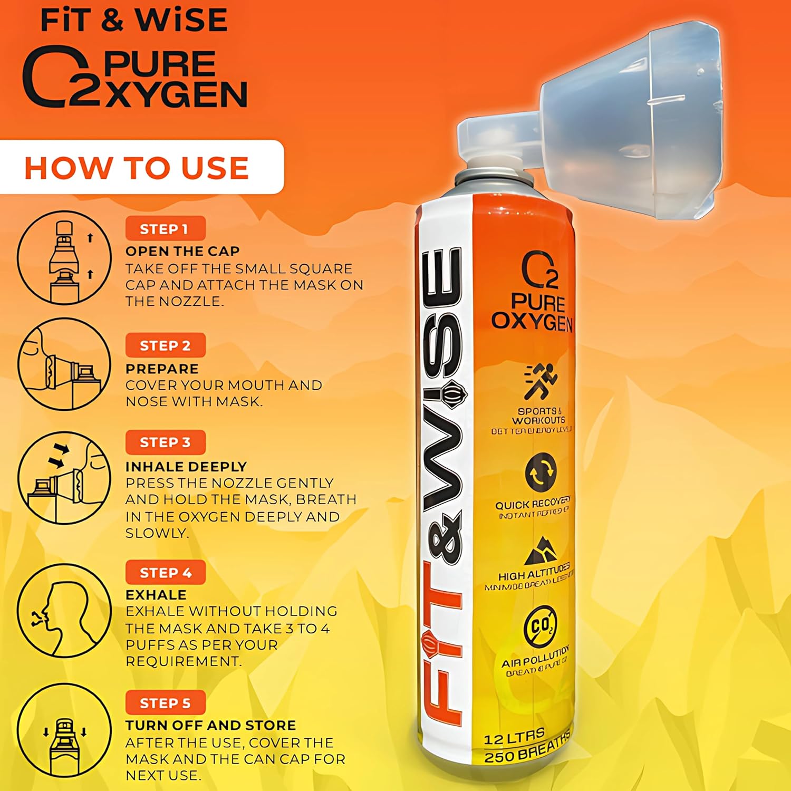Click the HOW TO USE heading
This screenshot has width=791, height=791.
coord(137,168)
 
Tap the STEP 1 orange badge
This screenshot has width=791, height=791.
coord(165,229)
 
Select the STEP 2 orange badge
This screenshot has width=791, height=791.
coord(165,345)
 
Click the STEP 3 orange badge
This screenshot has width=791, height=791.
coord(165,442)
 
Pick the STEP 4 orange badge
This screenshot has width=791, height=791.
coord(165,572)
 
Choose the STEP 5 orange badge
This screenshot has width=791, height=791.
coord(165,702)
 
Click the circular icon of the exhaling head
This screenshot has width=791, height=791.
coord(64,612)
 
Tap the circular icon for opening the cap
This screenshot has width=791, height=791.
coord(64,257)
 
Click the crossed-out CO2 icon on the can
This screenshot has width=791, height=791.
coord(541,626)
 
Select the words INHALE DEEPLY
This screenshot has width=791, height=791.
coord(186,467)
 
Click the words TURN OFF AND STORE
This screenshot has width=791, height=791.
coord(210,725)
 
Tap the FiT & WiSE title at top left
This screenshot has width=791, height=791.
coord(134,20)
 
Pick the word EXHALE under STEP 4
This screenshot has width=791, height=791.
coord(156,595)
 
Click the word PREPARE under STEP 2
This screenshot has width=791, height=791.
coord(162,369)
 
